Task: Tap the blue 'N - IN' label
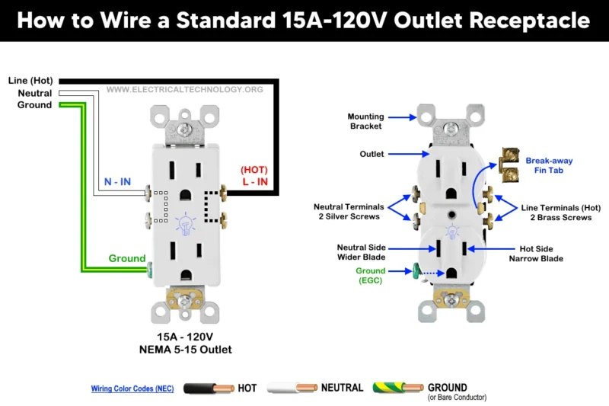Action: [x=117, y=182]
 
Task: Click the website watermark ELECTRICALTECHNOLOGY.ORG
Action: [x=184, y=90]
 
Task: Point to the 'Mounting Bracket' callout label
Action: [x=365, y=121]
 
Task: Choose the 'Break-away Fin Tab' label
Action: [x=549, y=166]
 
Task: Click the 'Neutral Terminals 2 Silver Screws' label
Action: [x=349, y=212]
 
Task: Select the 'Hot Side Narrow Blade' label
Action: [x=536, y=254]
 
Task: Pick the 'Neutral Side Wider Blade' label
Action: [x=362, y=252]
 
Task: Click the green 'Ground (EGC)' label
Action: [x=370, y=276]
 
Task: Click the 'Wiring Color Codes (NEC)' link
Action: [x=132, y=388]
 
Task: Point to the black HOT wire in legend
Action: [x=206, y=388]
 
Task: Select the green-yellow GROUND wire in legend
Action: [x=397, y=388]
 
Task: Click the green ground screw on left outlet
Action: [x=150, y=269]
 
